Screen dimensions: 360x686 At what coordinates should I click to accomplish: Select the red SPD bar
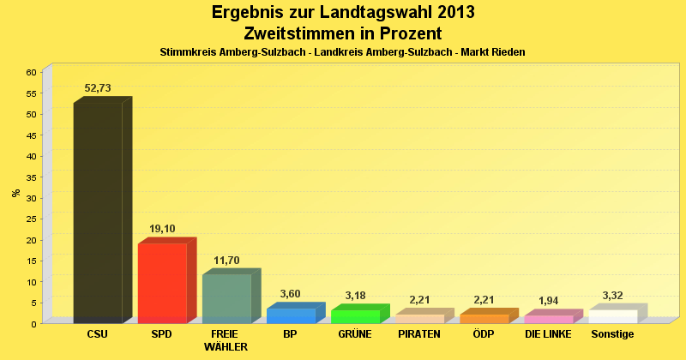tap(162, 283)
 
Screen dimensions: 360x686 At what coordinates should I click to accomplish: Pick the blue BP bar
tap(291, 315)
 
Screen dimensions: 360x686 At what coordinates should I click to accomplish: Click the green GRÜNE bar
tap(355, 316)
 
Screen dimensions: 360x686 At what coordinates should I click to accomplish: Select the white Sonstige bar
tap(613, 316)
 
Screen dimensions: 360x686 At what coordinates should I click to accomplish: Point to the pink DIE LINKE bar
tap(549, 319)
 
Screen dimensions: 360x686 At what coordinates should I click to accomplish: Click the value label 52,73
tap(98, 88)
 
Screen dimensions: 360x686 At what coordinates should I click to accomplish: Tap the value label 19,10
tap(162, 229)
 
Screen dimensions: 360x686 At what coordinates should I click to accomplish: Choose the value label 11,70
tap(226, 260)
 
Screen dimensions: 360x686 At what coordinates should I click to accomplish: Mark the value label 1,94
tap(549, 301)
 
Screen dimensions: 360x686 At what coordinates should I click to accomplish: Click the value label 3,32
tap(613, 295)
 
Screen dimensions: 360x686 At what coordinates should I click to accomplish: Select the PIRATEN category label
tap(419, 334)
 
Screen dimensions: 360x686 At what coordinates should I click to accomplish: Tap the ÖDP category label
tap(484, 334)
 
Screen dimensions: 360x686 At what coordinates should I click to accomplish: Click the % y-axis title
tap(16, 193)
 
